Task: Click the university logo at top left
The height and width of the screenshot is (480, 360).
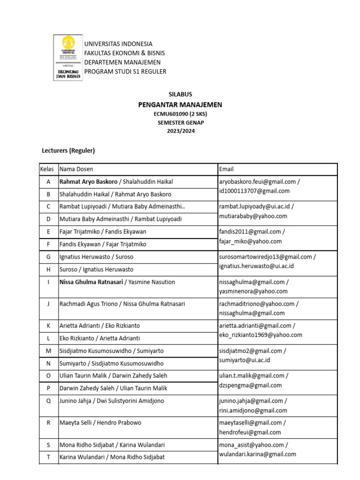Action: coord(68,58)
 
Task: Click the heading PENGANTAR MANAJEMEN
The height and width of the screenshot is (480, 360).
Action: coord(180,105)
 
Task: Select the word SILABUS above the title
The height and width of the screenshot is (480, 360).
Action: coord(180,94)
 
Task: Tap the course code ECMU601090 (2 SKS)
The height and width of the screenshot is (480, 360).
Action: coord(180,114)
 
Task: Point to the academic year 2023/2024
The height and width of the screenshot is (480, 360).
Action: coord(180,131)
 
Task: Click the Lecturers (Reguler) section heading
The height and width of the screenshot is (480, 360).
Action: coord(68,150)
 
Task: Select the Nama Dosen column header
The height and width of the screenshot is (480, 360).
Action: coord(76,169)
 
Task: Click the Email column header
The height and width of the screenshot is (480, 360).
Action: coord(226,169)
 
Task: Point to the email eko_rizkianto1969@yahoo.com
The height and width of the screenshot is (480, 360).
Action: coord(261,335)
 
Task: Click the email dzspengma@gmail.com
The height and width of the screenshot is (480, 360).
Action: coord(250,385)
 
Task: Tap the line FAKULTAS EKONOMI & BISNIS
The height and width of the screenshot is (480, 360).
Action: coord(124,53)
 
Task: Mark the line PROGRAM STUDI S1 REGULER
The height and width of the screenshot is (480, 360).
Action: coord(125,71)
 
